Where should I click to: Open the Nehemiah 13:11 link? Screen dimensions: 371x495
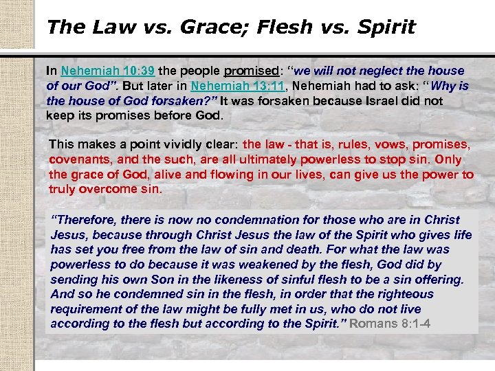230,86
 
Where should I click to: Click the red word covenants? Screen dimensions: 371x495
80,159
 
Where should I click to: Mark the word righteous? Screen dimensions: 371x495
401,294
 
